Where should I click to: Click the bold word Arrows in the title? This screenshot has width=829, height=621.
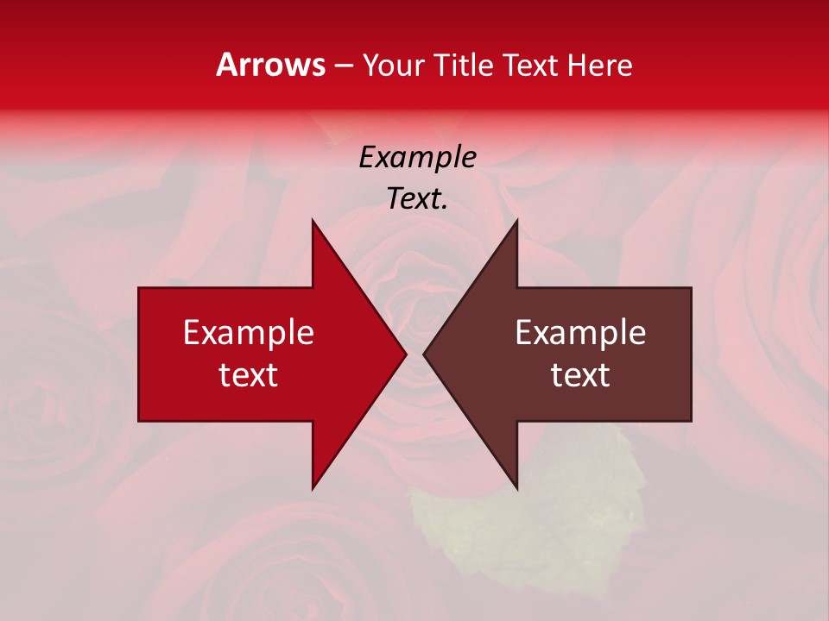[x=270, y=65]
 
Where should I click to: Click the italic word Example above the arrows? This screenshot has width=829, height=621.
[x=417, y=157]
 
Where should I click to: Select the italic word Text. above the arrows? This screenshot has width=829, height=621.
[x=417, y=198]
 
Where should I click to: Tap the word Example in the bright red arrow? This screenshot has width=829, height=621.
[x=249, y=333]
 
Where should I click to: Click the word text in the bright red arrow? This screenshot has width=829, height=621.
[x=249, y=375]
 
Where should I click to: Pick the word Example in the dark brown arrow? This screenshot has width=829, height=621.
[x=580, y=333]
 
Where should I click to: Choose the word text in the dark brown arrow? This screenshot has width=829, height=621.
[x=580, y=375]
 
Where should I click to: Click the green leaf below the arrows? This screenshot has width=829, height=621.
[x=527, y=509]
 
